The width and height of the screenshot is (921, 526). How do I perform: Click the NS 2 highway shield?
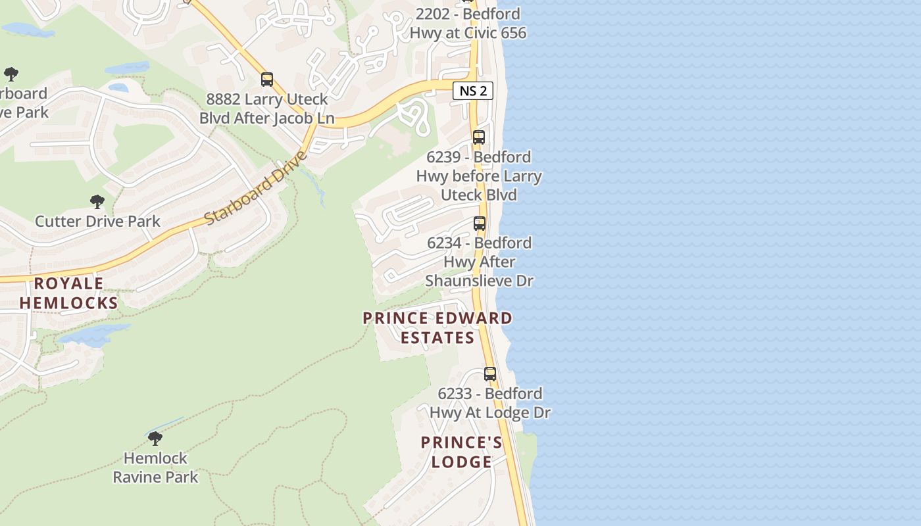(472, 91)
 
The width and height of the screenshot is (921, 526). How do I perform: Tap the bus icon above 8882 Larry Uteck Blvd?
(266, 80)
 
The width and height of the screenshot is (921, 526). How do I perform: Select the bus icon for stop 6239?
(479, 137)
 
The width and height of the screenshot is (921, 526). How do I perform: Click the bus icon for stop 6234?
(480, 224)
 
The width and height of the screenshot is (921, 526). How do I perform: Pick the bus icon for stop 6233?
(490, 374)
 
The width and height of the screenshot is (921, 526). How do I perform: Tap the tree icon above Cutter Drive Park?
(97, 201)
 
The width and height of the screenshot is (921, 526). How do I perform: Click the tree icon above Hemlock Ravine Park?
(155, 438)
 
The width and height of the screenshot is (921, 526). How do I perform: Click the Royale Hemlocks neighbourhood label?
(68, 293)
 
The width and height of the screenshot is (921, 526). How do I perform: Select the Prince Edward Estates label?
(437, 327)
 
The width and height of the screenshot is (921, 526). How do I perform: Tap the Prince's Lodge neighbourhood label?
(461, 452)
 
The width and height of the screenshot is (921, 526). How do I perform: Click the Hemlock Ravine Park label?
(155, 467)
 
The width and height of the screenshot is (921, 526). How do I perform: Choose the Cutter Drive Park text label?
(97, 221)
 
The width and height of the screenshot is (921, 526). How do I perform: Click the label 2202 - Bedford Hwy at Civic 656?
(468, 23)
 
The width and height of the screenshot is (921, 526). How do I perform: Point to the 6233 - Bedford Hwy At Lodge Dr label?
(490, 403)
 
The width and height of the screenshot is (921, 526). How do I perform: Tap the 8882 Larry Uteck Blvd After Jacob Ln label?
(266, 109)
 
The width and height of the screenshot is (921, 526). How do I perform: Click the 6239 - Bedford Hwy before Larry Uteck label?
(479, 176)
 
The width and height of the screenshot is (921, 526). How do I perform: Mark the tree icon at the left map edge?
(11, 74)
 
